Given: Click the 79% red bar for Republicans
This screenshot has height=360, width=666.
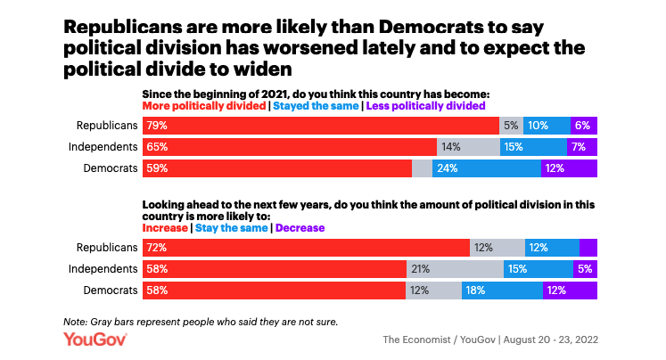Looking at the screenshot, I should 321,126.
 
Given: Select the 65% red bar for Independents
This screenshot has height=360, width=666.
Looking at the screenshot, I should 290,147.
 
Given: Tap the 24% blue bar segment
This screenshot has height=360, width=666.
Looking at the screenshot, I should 487,168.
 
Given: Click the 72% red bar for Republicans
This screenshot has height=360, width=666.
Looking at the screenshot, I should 306,248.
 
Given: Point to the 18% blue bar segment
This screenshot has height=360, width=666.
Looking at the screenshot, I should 502,290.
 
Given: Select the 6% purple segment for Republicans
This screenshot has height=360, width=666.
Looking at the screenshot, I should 584,126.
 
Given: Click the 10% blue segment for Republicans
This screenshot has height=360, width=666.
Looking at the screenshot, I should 547,126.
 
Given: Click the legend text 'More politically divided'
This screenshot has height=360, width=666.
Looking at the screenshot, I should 204,105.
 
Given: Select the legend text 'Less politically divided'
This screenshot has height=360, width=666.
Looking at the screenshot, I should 426,105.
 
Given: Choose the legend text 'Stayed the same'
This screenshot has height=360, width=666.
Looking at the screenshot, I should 316,105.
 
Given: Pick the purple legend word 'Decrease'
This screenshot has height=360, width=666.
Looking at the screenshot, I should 300,228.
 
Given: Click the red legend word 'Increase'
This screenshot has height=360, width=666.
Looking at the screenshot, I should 165,228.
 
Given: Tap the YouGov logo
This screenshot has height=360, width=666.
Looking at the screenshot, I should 95,340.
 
